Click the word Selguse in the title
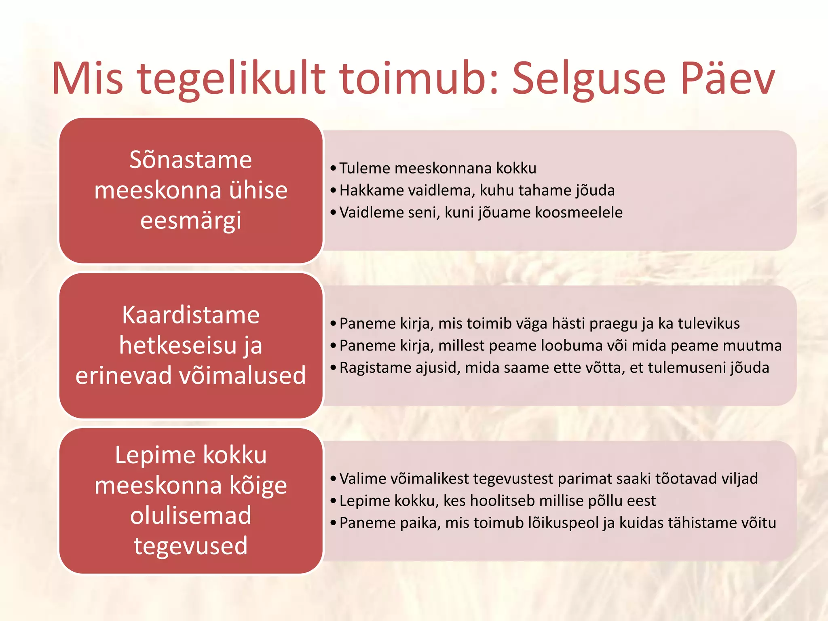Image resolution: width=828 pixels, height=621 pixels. point(589,79)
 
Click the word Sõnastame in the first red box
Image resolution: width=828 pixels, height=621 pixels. point(191,160)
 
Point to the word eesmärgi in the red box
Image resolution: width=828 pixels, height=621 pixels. point(191,221)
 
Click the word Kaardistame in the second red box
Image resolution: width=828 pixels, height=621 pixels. point(191,315)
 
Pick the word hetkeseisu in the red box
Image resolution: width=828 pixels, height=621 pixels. point(178,345)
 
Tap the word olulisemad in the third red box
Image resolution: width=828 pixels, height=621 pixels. point(191,515)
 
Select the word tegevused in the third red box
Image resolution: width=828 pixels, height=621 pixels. point(191,546)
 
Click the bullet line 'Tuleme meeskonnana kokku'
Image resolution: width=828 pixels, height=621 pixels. point(438,168)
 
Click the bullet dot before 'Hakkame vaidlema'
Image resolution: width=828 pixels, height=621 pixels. point(333,190)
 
